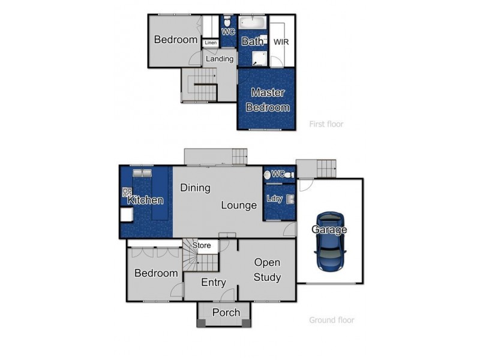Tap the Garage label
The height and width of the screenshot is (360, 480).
point(329,230)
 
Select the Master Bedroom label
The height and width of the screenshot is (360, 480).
point(268,100)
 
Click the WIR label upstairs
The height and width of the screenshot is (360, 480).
point(281,43)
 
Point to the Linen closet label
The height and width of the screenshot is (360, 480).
point(210,43)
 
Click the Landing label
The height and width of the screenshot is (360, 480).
point(219,59)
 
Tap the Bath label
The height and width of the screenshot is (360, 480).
point(252,41)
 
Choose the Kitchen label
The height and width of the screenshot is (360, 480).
point(145,200)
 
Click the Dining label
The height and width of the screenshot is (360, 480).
point(195,188)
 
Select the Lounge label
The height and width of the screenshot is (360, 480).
point(239,205)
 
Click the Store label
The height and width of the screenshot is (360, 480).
point(202,245)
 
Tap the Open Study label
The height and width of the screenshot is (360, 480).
point(267,269)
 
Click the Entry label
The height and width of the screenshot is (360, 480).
point(213,283)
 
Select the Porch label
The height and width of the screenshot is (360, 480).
point(226,312)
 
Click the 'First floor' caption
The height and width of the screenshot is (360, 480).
point(326,124)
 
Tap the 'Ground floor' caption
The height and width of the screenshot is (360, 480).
point(331,320)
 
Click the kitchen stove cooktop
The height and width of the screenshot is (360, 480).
point(127,193)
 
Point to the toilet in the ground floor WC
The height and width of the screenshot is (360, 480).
point(268,175)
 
